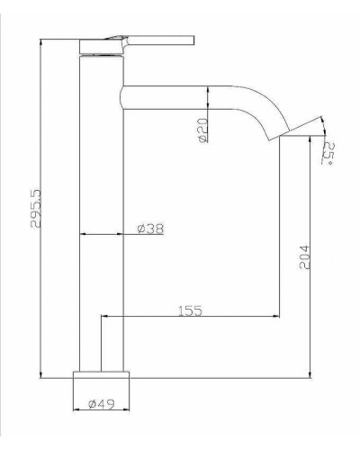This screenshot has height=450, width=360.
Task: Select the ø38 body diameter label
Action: pos(149,229)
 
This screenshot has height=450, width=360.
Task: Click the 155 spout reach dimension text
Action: pos(188,310)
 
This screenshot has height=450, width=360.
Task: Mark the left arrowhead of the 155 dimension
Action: pos(104,317)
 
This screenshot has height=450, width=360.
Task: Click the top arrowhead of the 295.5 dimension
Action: pos(41,41)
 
